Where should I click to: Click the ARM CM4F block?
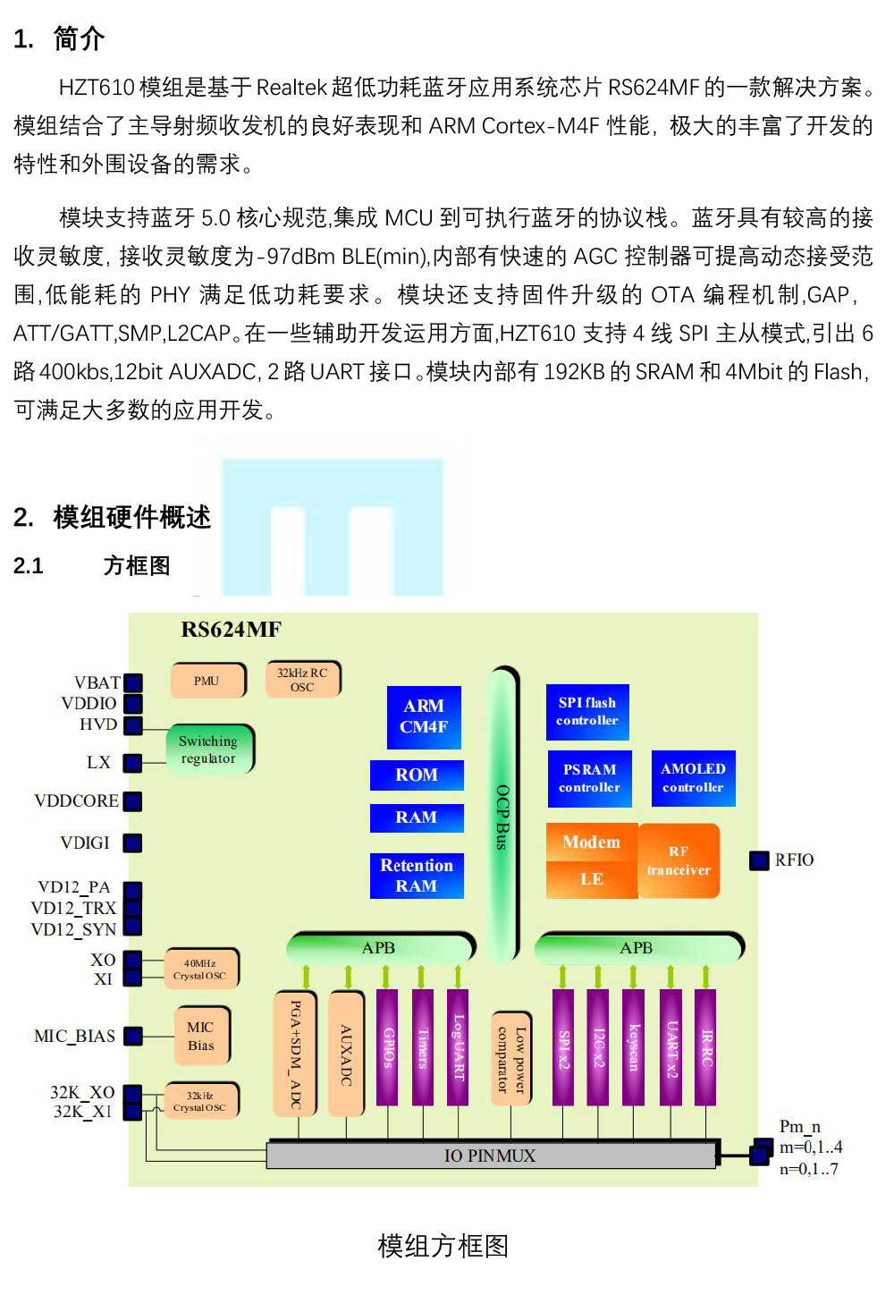pyautogui.click(x=424, y=717)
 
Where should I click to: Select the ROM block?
pyautogui.click(x=417, y=775)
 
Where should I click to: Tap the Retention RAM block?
pyautogui.click(x=417, y=876)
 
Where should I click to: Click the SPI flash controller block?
pyautogui.click(x=587, y=712)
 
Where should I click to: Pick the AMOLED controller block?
pyautogui.click(x=693, y=778)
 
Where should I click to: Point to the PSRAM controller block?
pyautogui.click(x=590, y=779)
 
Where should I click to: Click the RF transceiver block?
pyautogui.click(x=679, y=860)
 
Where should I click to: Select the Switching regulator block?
pyautogui.click(x=209, y=749)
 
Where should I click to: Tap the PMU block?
pyautogui.click(x=207, y=681)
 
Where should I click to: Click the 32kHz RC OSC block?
pyautogui.click(x=303, y=680)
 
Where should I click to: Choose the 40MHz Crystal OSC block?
pyautogui.click(x=201, y=970)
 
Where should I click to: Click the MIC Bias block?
pyautogui.click(x=201, y=1037)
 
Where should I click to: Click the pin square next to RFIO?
pyautogui.click(x=759, y=860)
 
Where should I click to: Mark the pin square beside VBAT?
pyautogui.click(x=133, y=682)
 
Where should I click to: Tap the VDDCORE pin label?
pyautogui.click(x=76, y=801)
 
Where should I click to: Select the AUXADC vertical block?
pyautogui.click(x=346, y=1054)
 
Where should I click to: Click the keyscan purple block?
pyautogui.click(x=633, y=1047)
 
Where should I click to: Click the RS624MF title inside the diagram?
pyautogui.click(x=231, y=630)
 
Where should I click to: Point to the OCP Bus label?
pyautogui.click(x=502, y=817)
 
